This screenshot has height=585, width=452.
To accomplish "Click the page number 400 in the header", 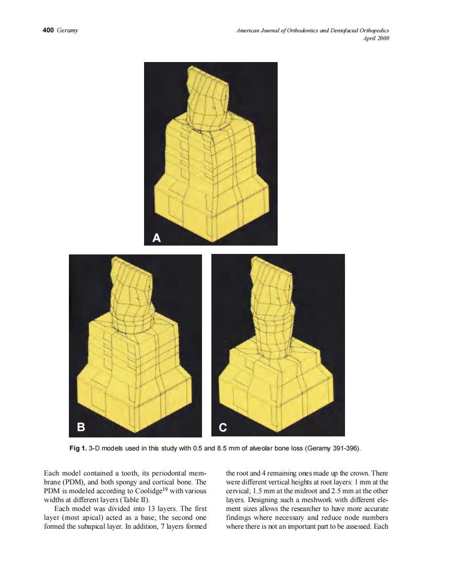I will tap(48, 31).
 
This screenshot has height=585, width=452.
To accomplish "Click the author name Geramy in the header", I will tap(67, 31).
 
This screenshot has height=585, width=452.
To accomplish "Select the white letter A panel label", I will tap(156, 238).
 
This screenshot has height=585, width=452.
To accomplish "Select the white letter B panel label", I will tap(81, 428).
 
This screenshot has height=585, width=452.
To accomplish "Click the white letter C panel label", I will tap(223, 428).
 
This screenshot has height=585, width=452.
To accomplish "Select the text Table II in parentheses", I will tap(134, 499).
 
